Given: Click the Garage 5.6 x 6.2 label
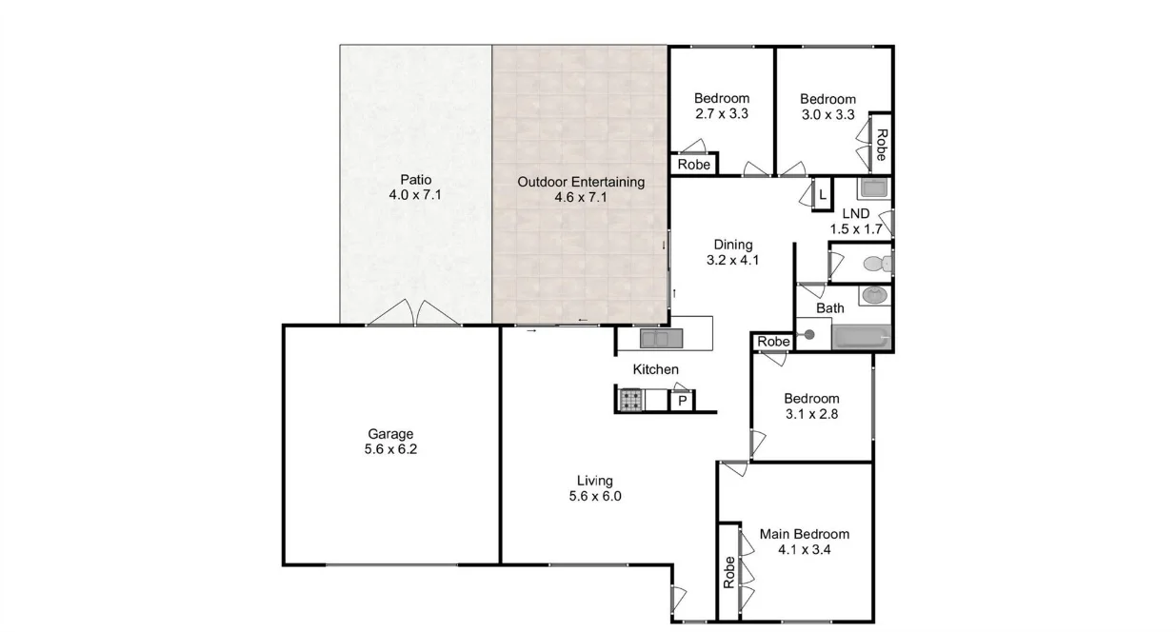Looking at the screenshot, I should click(390, 443).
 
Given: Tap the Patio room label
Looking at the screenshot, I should click(415, 188).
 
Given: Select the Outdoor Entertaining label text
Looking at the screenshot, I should click(580, 189).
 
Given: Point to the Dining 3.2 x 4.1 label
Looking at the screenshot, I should click(732, 252).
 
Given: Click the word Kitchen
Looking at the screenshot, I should click(656, 369).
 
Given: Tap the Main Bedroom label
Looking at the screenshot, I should click(804, 542).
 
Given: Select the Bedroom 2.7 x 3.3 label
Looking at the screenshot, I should click(721, 106).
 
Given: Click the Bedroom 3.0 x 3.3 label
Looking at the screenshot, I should click(827, 107).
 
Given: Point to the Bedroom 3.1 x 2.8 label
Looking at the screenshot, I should click(811, 406).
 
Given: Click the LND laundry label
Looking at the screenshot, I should click(855, 221).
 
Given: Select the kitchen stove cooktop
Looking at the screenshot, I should click(631, 401).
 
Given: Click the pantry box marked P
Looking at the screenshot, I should click(682, 402).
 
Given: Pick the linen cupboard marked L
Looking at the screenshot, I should click(822, 195).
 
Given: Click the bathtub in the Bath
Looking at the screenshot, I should click(861, 337).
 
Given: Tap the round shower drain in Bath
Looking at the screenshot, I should click(809, 334).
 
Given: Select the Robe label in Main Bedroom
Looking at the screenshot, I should click(729, 572).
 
